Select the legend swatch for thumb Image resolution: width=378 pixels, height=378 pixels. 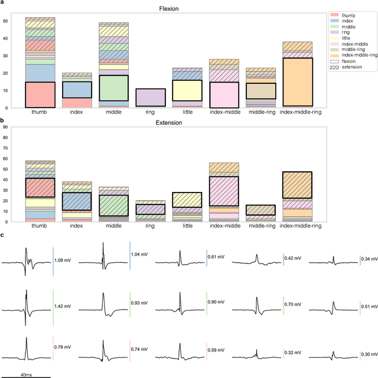point(335,15)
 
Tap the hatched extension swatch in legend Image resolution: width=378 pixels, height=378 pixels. point(335,67)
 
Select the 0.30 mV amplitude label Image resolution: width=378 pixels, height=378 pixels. point(370,354)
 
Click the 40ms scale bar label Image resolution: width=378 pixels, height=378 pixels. point(25,374)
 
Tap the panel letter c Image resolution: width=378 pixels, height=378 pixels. point(2,236)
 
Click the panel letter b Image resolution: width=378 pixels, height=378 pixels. point(2,120)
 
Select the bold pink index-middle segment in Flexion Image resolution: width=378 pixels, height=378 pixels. point(224,86)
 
